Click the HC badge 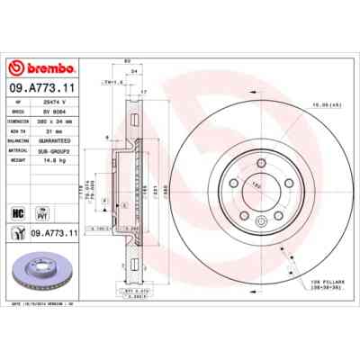[17, 212]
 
